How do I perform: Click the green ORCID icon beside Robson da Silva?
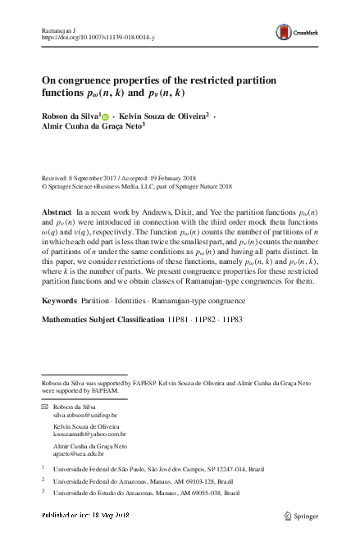pyautogui.click(x=104, y=117)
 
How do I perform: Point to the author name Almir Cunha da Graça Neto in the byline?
pyautogui.click(x=91, y=128)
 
